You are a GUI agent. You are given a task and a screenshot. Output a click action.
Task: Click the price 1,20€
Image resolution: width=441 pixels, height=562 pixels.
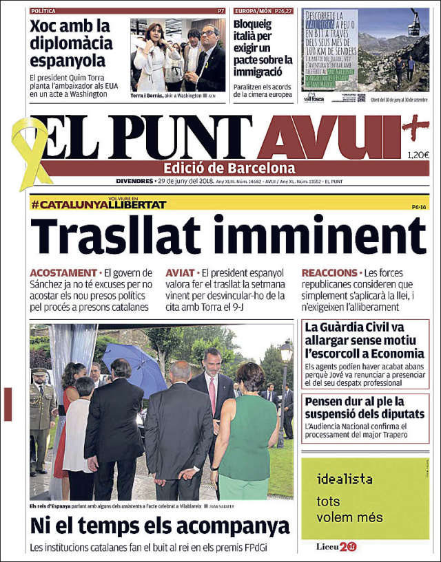tap(418, 155)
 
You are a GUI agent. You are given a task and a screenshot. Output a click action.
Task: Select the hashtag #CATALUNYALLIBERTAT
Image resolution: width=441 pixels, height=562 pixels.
tap(99, 204)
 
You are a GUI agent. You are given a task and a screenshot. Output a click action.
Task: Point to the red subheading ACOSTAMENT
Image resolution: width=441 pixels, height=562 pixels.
tap(63, 273)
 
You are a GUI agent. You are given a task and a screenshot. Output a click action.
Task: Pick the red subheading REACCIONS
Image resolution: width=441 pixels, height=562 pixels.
tap(329, 273)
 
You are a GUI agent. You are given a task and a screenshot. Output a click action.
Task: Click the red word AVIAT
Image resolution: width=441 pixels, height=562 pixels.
tap(180, 273)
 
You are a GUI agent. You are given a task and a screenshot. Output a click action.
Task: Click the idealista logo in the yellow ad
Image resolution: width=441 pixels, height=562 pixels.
tap(345, 479)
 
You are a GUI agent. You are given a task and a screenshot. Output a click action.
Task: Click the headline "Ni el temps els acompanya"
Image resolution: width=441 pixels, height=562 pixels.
tap(159, 526)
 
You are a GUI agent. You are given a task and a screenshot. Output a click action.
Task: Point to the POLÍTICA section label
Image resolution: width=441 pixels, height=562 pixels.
tap(44, 11)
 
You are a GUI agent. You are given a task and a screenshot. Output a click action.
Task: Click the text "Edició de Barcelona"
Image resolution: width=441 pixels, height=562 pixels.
tap(229, 168)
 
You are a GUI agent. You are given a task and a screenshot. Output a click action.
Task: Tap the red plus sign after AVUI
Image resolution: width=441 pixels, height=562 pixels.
tap(416, 125)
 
